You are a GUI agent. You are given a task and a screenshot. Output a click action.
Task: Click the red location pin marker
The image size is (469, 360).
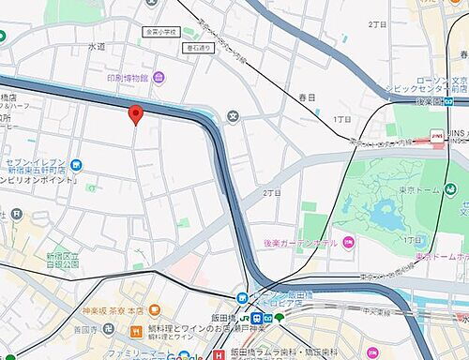[x=135, y=114]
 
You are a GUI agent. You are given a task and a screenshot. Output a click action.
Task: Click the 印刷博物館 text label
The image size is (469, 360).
[x=126, y=77]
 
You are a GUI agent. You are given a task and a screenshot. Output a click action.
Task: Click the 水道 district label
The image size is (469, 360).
[x=97, y=46]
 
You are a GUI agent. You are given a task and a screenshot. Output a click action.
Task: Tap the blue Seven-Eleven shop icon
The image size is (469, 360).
[x=75, y=167]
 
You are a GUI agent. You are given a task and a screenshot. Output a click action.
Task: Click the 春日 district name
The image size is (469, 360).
[x=308, y=97]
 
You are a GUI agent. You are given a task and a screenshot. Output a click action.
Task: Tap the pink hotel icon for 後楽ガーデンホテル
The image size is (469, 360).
[x=347, y=242]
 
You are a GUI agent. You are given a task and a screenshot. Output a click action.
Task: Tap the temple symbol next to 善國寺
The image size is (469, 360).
[x=108, y=329]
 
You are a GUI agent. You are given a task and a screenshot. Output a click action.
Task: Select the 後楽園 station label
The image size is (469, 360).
[x=430, y=101]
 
